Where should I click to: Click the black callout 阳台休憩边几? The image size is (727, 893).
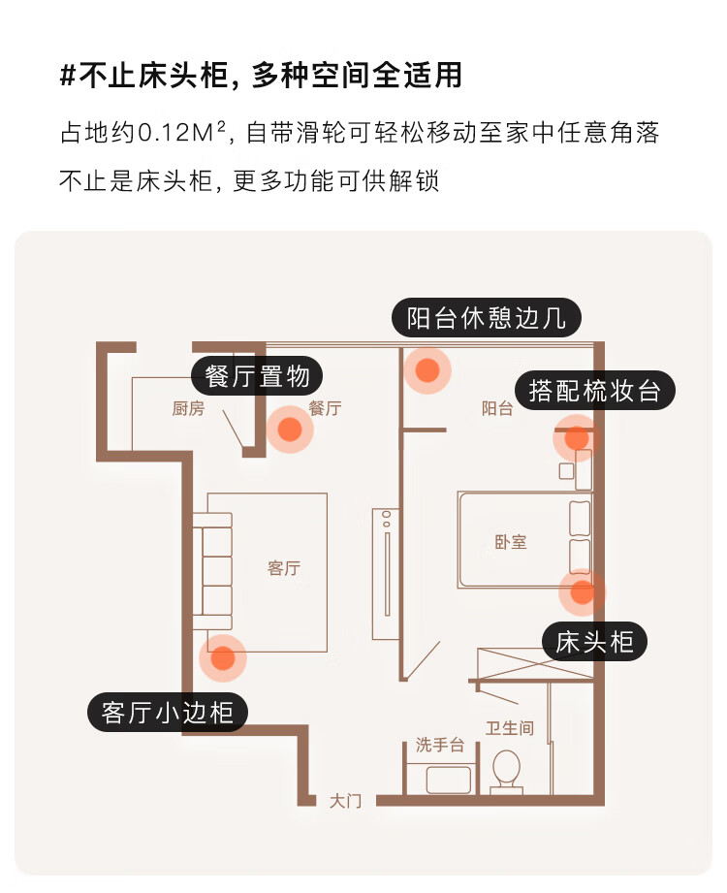coord(486,318)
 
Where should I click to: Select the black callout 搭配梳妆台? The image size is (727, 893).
coord(594,391)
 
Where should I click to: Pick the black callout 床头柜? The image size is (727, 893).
coord(594,641)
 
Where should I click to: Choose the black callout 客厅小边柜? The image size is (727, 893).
coord(168,713)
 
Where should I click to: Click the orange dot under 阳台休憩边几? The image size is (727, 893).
coord(427,369)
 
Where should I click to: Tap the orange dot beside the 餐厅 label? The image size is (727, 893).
coord(289,430)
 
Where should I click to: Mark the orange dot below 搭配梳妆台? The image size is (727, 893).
coord(577,438)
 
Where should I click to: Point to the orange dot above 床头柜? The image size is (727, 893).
coord(582,591)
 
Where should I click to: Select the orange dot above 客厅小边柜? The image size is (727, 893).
coord(222,658)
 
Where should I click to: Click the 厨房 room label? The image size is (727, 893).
coord(188,409)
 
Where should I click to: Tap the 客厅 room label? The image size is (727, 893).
coord(283,568)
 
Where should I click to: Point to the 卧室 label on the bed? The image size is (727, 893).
coord(510,542)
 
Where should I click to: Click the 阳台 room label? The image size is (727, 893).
coord(497,409)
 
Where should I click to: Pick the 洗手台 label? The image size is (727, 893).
coord(440,745)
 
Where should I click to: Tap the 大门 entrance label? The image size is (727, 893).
coord(345,801)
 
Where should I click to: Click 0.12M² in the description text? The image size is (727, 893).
coord(186,133)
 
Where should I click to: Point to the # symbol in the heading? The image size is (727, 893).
coord(68,77)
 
